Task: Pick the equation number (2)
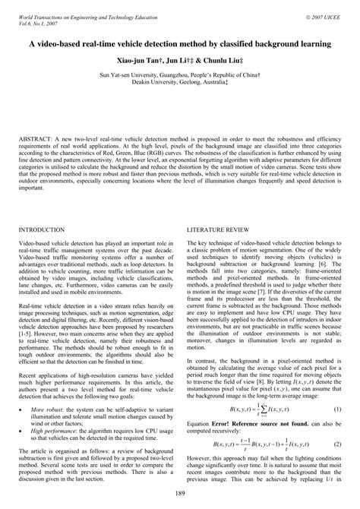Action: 336,422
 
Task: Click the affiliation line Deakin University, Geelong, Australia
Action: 179,84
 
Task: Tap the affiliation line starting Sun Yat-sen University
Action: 179,76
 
